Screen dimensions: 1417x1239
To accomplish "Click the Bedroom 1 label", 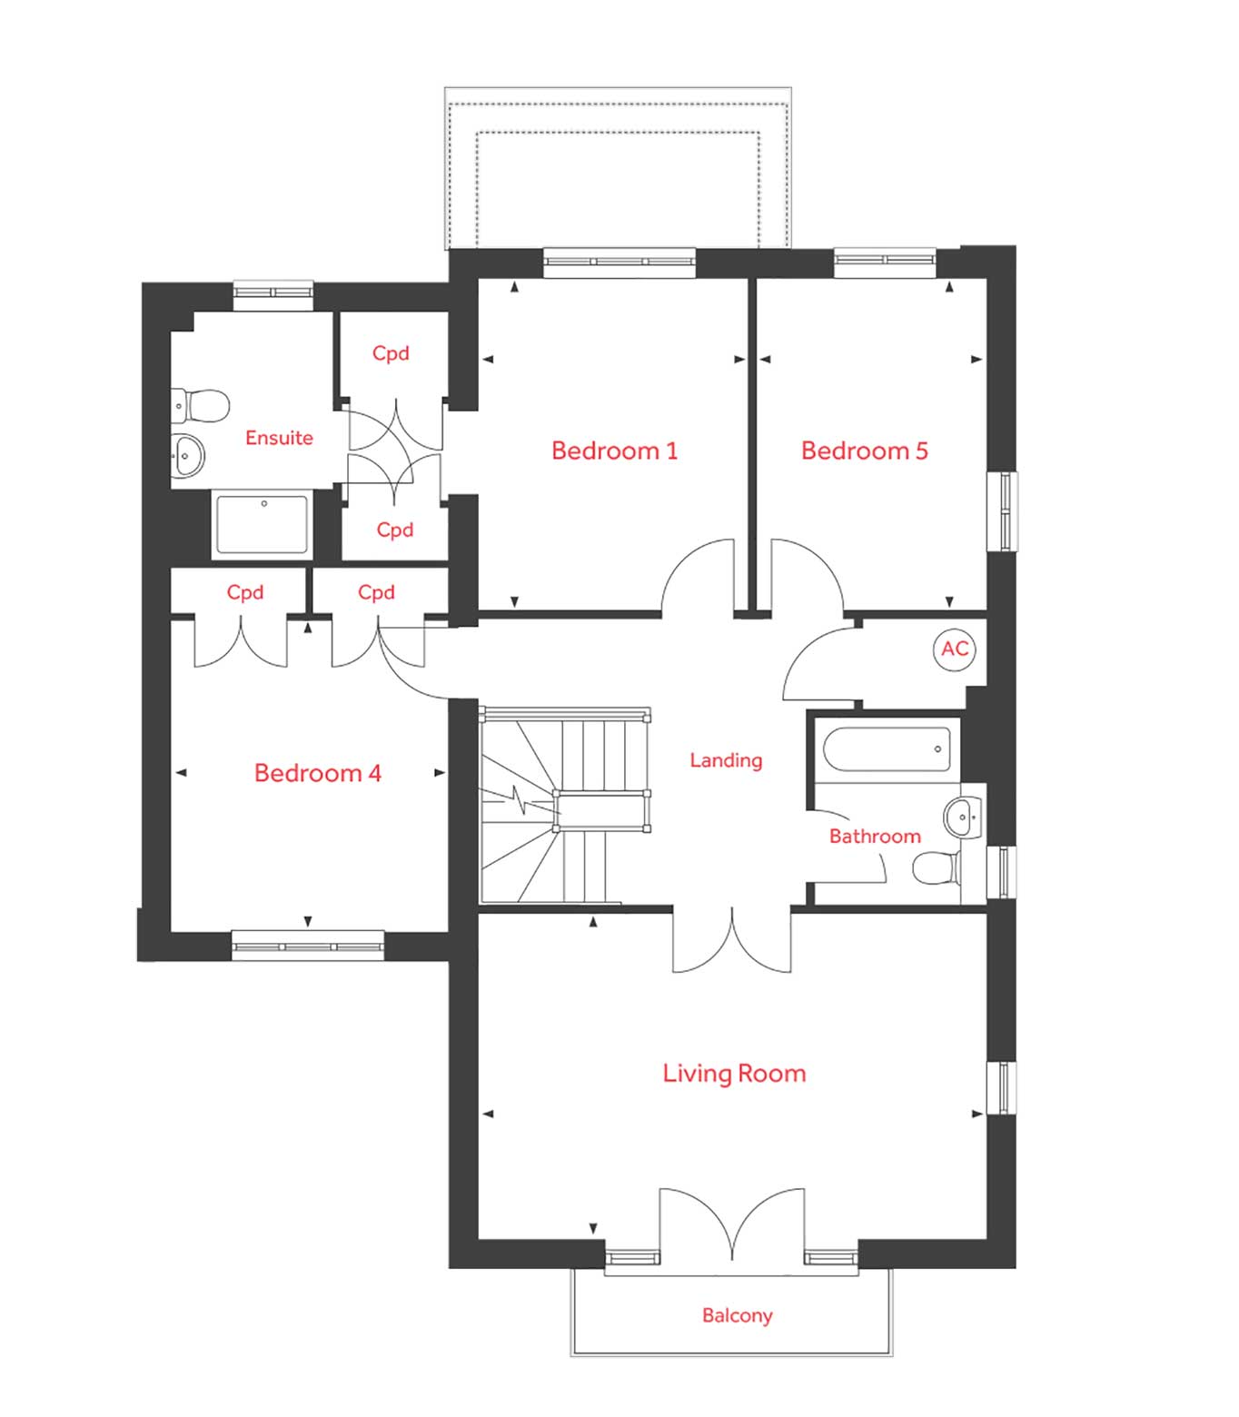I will (614, 451).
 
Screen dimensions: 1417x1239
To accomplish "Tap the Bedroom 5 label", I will (864, 451).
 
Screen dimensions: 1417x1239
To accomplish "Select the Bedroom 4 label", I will (317, 773).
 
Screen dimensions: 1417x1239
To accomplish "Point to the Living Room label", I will (734, 1074).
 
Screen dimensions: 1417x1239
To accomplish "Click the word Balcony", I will (737, 1315).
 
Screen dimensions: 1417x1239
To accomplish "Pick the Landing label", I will (726, 760).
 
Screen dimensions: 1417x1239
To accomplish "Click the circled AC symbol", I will (955, 649).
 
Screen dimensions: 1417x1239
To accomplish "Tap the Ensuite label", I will (279, 438).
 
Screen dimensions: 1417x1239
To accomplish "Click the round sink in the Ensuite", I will (189, 454).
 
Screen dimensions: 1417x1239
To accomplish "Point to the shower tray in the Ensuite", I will (262, 523).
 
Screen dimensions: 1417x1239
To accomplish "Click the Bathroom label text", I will (874, 837).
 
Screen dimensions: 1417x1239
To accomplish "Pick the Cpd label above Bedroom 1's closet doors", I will (391, 353).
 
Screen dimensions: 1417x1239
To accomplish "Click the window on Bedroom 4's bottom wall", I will (308, 946).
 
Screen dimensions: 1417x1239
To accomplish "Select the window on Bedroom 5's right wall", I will (1004, 510).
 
